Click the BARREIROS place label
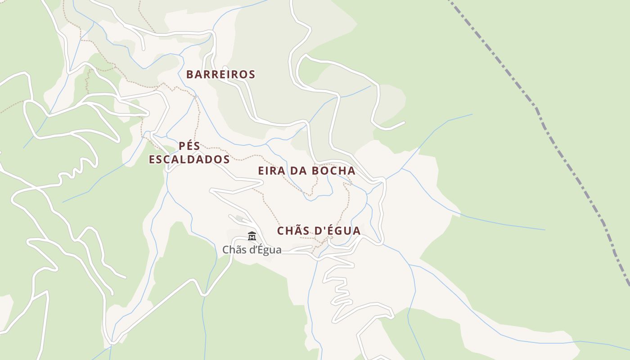coord(220,75)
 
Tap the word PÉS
coord(189,146)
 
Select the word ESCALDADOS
coord(189,160)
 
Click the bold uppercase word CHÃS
coord(293,231)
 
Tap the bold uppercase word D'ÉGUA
coord(337,231)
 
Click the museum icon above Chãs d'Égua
coord(252,236)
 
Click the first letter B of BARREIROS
coord(190,75)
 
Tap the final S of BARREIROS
coord(252,75)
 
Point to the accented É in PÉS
coord(190,146)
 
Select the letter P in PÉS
coord(182,146)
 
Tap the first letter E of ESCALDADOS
coord(153,160)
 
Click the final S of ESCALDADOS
coord(226,160)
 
